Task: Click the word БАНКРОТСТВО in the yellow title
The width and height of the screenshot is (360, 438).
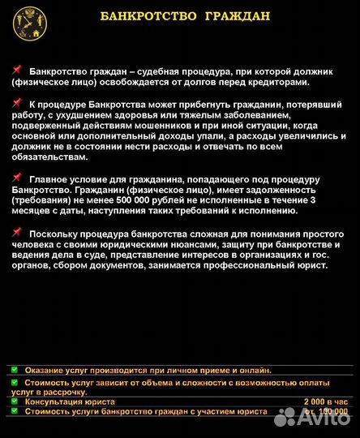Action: [147, 15]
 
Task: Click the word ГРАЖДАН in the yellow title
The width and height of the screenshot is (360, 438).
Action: [237, 15]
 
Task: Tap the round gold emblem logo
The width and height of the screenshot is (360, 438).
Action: [30, 23]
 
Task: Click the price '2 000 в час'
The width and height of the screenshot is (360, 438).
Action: [326, 401]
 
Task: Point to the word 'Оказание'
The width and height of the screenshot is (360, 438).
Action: [47, 370]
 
